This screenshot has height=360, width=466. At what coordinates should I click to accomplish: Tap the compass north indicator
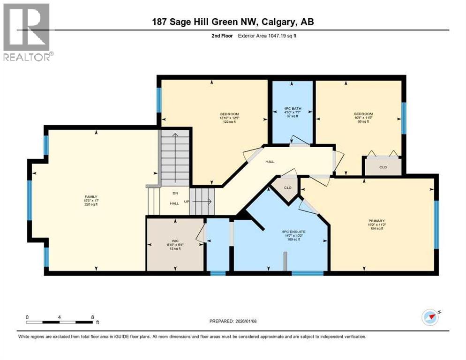(430, 317)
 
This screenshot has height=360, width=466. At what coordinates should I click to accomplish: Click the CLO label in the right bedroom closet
(383, 167)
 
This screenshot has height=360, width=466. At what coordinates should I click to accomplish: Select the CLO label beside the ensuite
(287, 188)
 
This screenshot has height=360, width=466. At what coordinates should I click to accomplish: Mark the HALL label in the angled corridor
(270, 162)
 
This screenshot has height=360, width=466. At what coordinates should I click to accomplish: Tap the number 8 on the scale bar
(92, 317)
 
